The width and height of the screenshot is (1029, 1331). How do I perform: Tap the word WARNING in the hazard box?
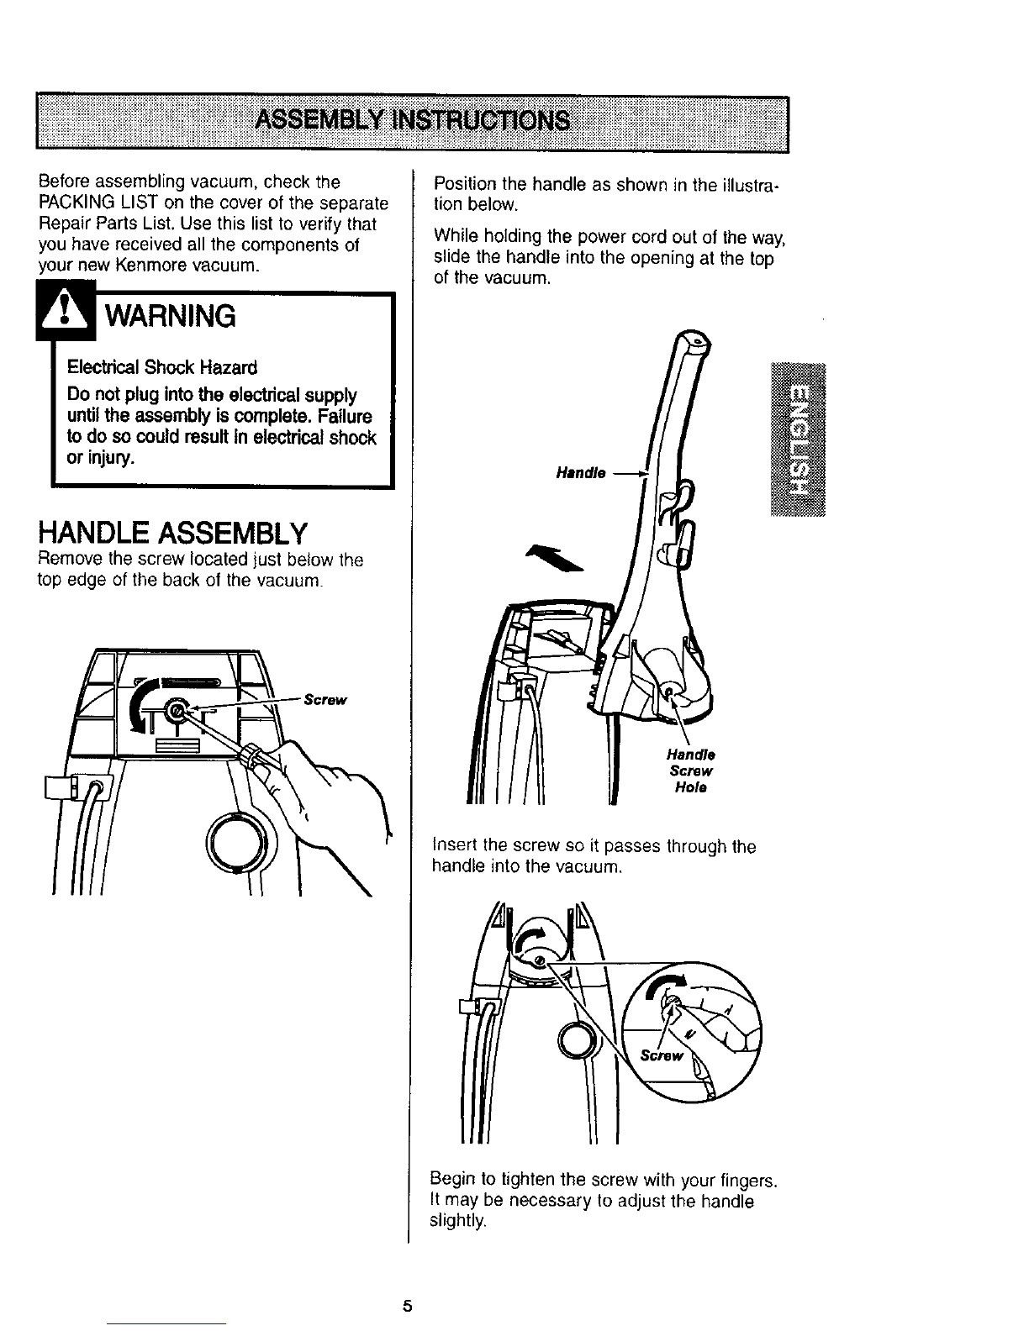(168, 317)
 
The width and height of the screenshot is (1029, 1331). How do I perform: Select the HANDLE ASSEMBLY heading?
(172, 532)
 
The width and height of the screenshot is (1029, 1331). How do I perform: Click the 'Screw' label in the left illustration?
(325, 699)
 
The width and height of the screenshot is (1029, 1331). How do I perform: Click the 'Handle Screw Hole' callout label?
(691, 771)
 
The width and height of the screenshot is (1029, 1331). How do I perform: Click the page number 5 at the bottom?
(407, 1306)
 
